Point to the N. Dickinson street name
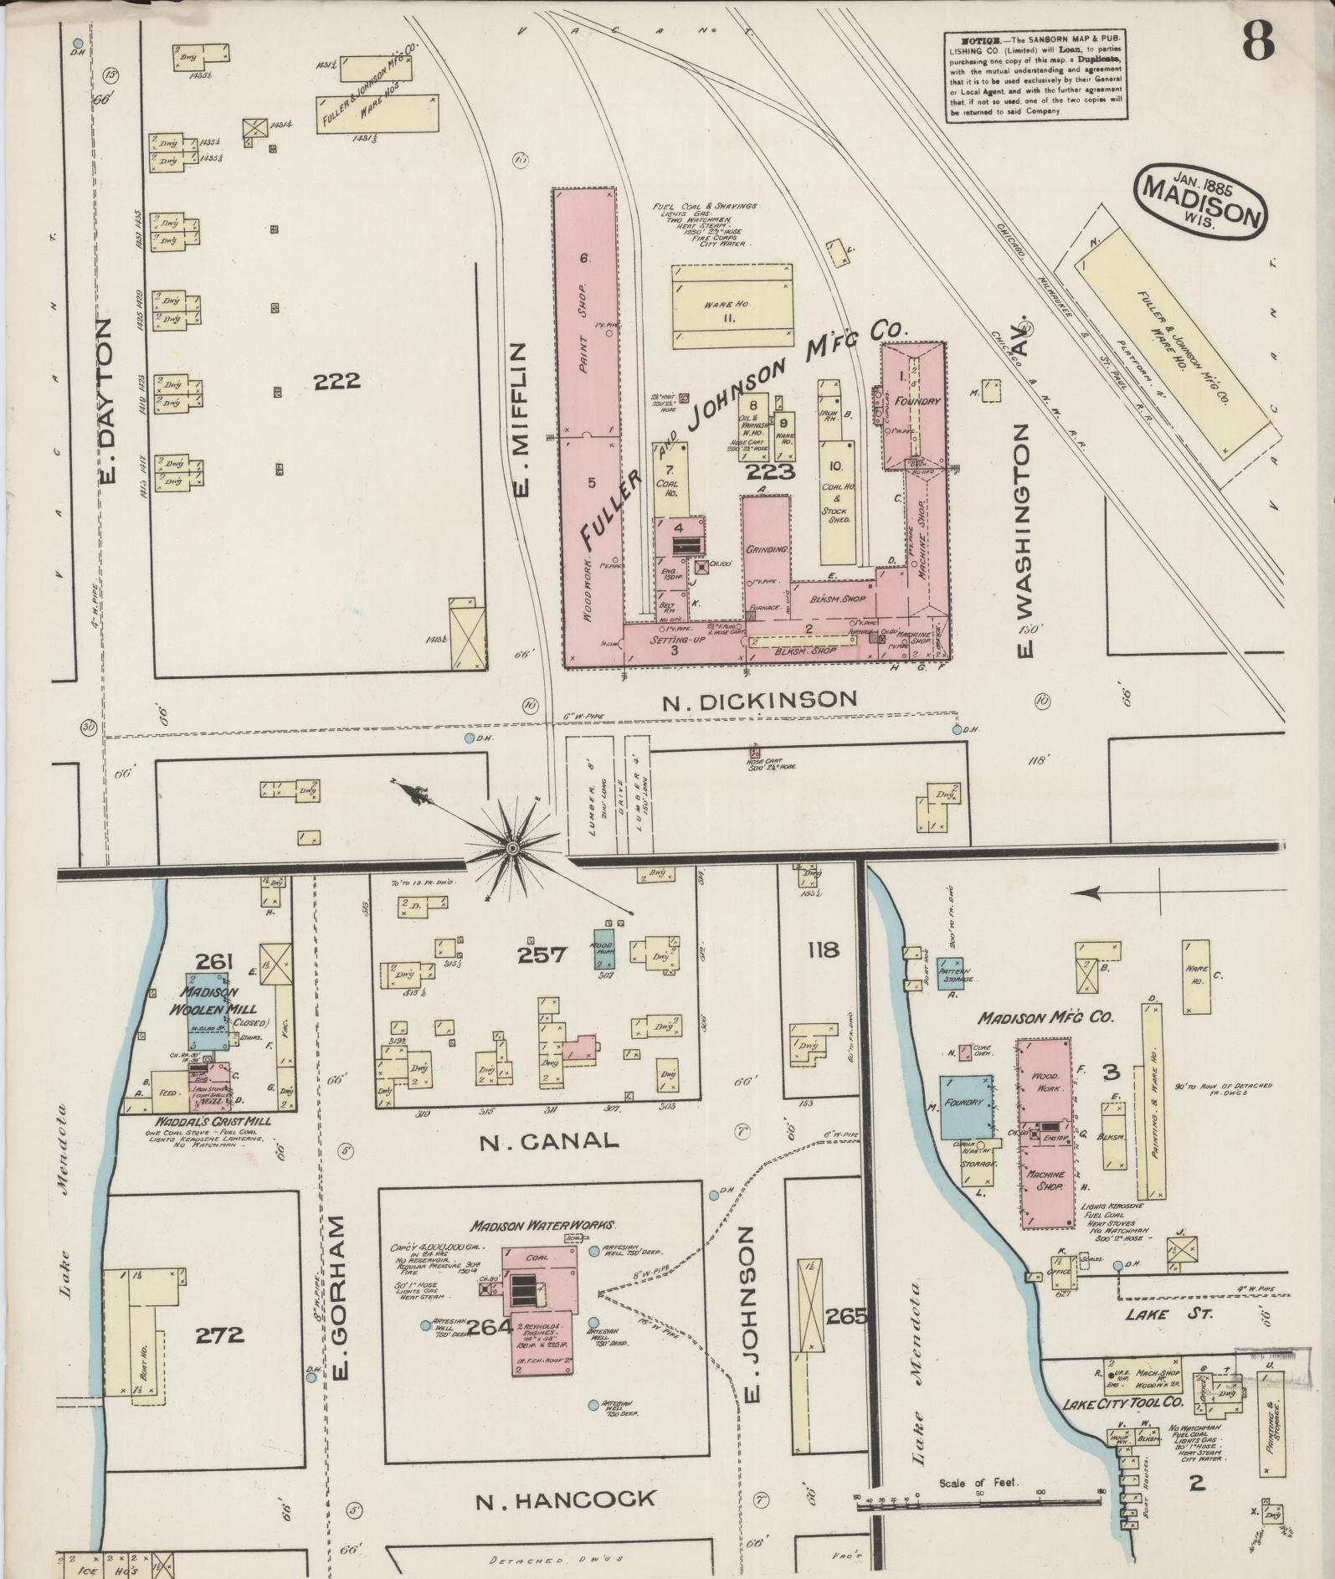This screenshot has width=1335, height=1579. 760,699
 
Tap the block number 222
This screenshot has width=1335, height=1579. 336,382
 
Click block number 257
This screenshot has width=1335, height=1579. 542,954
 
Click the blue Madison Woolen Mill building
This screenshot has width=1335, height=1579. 208,1011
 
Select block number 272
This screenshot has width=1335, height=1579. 220,1334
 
